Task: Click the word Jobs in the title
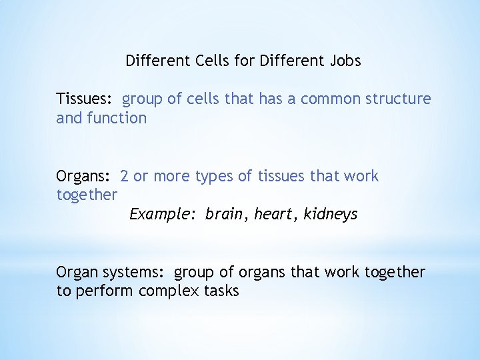[345, 61]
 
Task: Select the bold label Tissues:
[85, 99]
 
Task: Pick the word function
[117, 119]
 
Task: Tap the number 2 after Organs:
[125, 177]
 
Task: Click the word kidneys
[331, 215]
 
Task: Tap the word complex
[167, 292]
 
